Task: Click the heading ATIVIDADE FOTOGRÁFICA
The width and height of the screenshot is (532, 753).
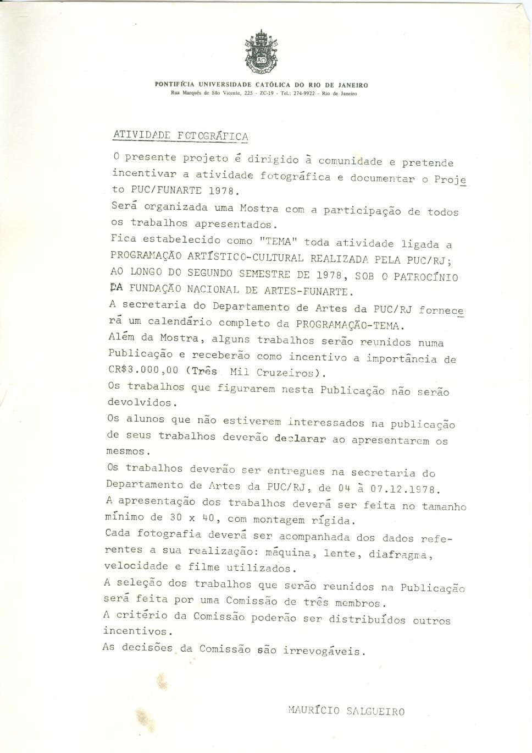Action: [x=180, y=135]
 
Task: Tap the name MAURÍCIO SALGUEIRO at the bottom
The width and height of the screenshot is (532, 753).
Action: [x=346, y=711]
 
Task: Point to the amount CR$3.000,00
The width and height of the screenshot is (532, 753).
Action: [x=142, y=372]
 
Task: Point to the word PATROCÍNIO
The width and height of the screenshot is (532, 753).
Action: [x=428, y=277]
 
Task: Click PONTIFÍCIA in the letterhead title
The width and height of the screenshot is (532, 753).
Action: [x=175, y=85]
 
